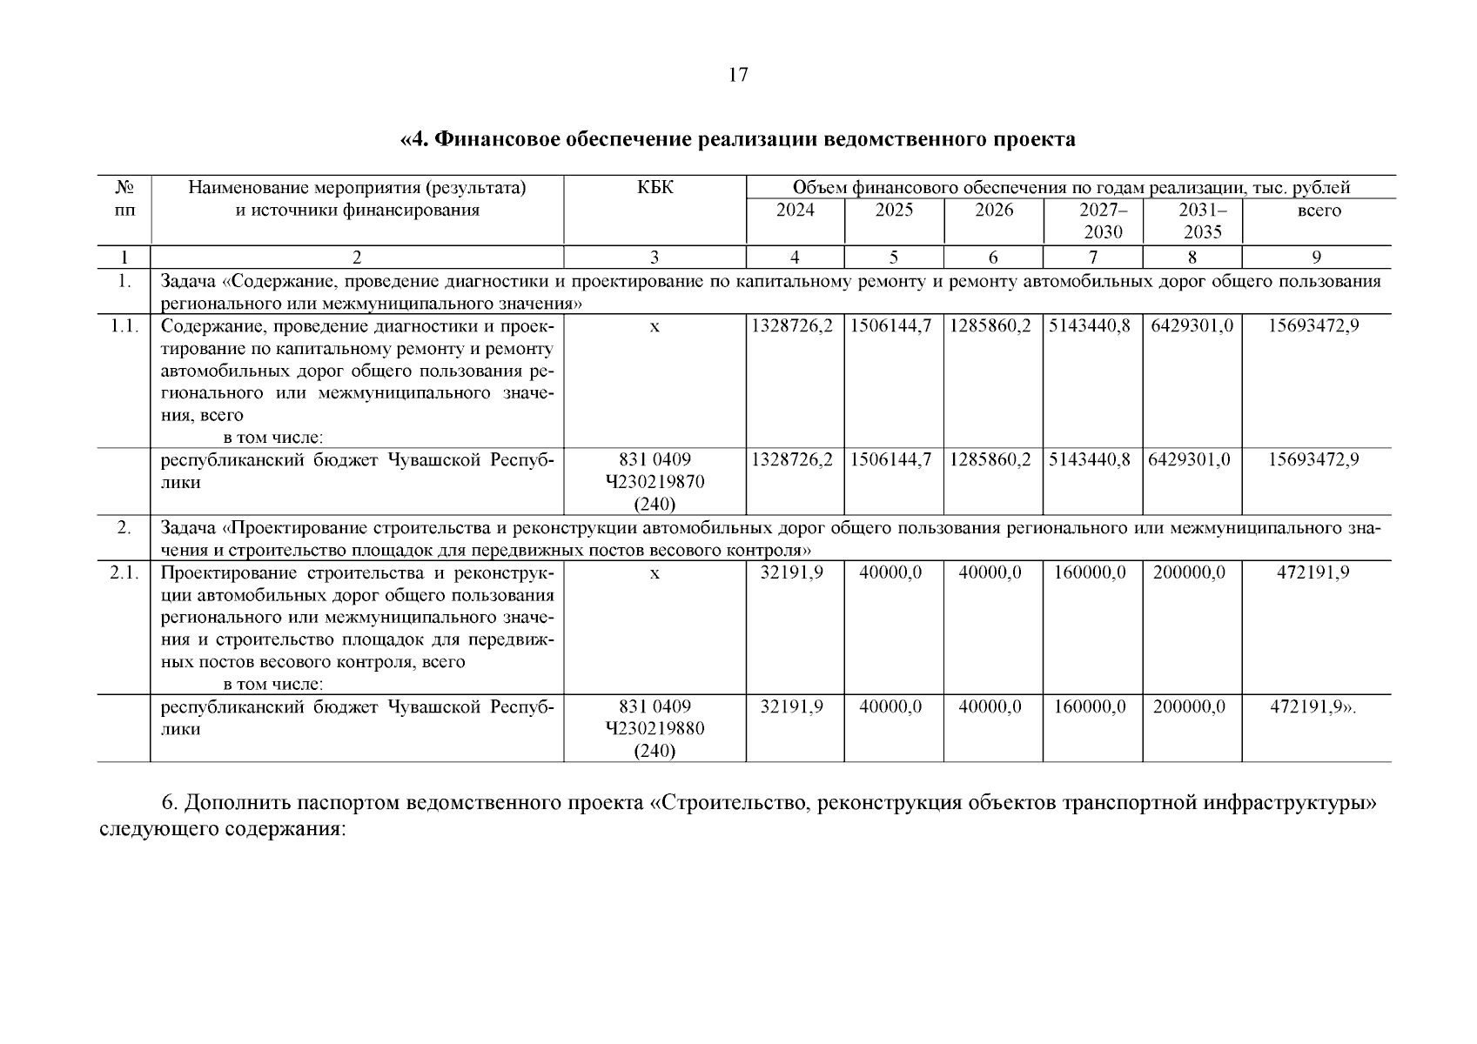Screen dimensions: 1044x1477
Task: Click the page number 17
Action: [x=737, y=75]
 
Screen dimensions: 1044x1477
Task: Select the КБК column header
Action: [x=655, y=188]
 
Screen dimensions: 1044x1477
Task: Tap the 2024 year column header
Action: [x=795, y=211]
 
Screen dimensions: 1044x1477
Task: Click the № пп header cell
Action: [x=124, y=199]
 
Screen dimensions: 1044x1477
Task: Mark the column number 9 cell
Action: [x=1316, y=257]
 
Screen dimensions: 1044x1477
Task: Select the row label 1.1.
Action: [x=124, y=326]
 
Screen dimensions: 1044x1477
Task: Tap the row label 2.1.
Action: [x=124, y=573]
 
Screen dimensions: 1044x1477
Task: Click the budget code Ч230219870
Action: [x=655, y=482]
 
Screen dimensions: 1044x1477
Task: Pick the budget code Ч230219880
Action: [x=655, y=729]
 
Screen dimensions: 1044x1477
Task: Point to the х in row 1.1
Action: [x=655, y=326]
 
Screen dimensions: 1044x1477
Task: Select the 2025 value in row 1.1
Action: [x=893, y=326]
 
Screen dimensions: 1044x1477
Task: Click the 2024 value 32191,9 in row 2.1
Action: [x=792, y=573]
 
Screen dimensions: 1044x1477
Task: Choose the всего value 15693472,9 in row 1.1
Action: [x=1313, y=326]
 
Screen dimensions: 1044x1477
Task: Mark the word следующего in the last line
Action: [x=158, y=829]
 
